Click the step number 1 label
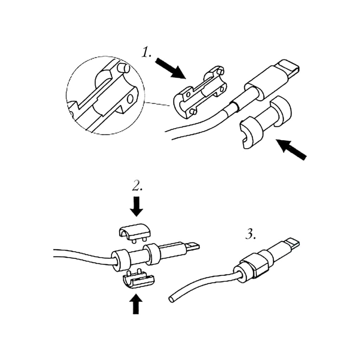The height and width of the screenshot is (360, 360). (146, 52)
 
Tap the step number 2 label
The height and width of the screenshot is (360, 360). (137, 186)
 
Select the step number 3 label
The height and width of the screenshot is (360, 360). (250, 234)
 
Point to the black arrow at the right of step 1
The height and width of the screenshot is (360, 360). (291, 149)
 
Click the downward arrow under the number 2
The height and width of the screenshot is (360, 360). (136, 206)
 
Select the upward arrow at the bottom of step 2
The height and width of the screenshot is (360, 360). (136, 303)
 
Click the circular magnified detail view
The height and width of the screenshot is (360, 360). (105, 96)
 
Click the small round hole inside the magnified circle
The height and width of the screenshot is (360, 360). (130, 99)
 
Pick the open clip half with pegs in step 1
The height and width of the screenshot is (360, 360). (200, 93)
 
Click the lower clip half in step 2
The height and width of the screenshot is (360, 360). (138, 279)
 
